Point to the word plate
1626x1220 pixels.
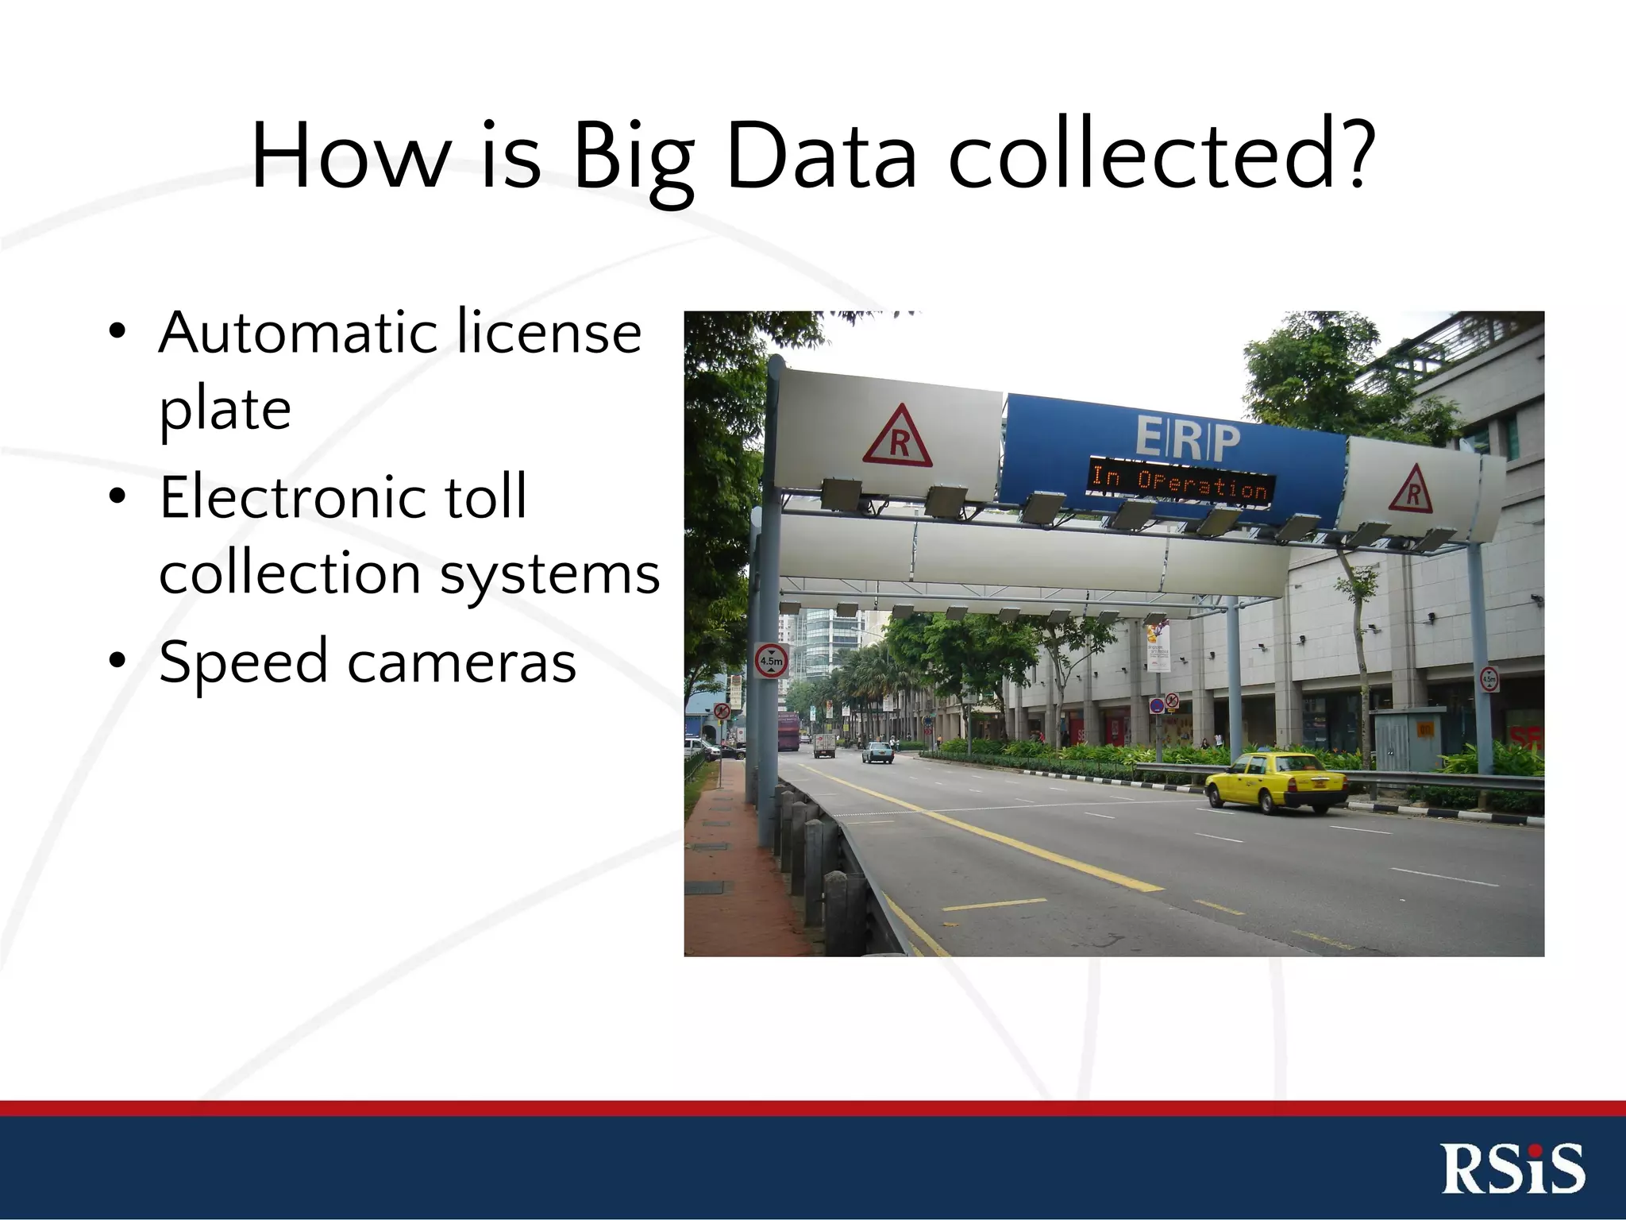tap(225, 411)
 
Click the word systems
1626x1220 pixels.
tap(549, 573)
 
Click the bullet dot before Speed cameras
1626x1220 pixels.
tap(118, 661)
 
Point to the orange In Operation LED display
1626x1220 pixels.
tap(1181, 481)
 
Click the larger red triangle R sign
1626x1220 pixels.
tap(898, 438)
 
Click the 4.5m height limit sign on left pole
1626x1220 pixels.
tap(771, 660)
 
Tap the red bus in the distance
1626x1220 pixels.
tap(788, 732)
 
